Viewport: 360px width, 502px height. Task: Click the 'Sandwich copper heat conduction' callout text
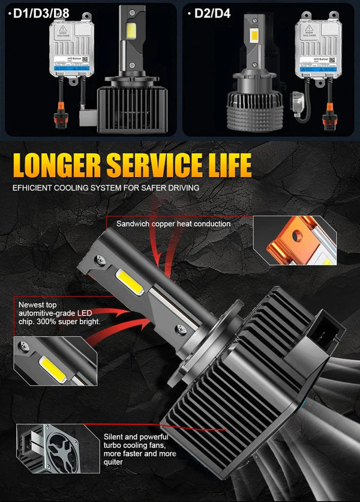173,223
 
